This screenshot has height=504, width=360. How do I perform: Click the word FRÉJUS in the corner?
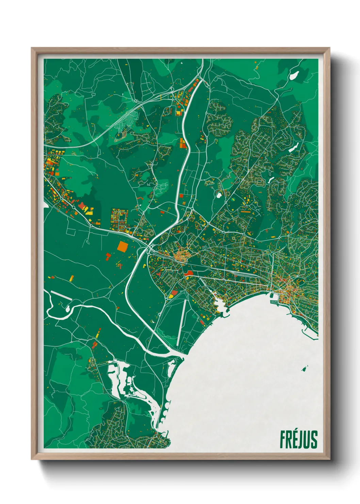[299, 439]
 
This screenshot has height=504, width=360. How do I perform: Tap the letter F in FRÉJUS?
[283, 439]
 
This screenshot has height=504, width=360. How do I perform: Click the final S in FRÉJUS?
[314, 439]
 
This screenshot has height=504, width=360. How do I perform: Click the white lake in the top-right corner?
[293, 75]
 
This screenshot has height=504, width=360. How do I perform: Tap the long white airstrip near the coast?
[182, 322]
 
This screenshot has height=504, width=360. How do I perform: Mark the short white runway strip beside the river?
[61, 295]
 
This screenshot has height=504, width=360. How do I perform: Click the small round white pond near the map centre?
[218, 195]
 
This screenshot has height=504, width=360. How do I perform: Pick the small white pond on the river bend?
[67, 309]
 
